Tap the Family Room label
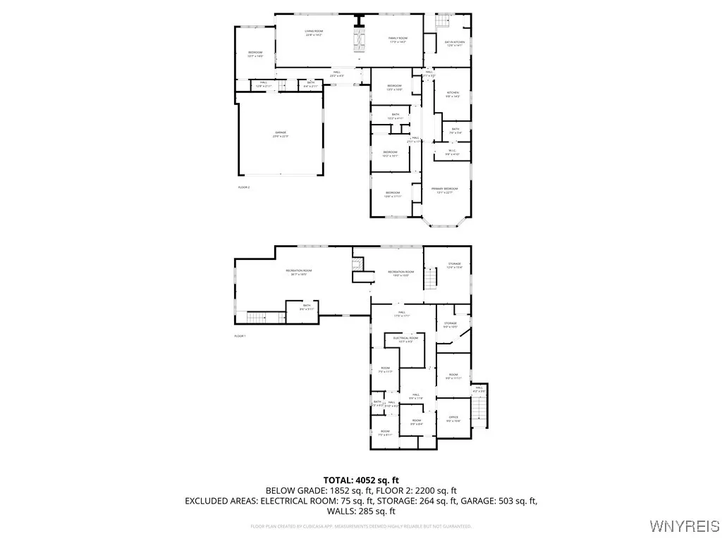398,39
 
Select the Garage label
281,134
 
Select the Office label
453,418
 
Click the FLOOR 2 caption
244,187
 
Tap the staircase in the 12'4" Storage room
430,280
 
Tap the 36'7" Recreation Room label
299,273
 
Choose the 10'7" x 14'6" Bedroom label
255,54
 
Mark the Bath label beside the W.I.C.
455,130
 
